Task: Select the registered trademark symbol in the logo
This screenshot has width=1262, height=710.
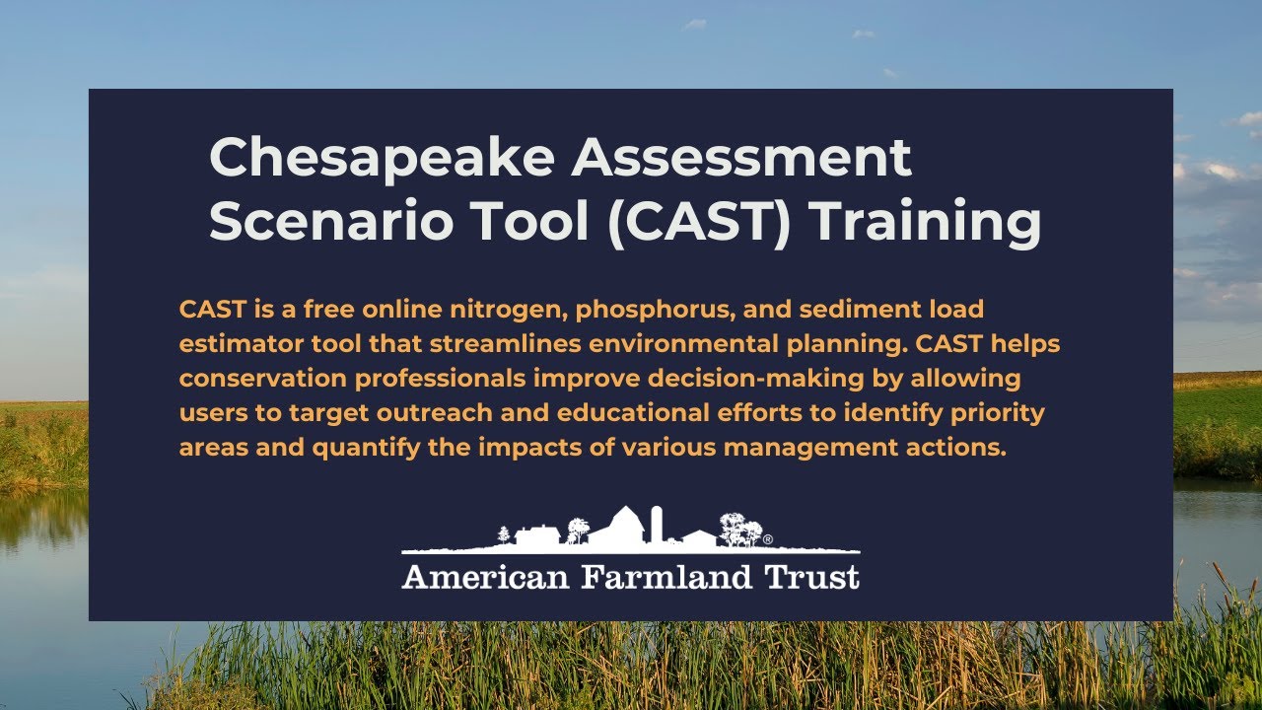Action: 768,539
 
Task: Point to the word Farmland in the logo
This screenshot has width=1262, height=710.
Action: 668,577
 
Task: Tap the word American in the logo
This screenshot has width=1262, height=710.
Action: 485,577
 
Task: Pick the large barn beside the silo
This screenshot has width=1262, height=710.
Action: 620,527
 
